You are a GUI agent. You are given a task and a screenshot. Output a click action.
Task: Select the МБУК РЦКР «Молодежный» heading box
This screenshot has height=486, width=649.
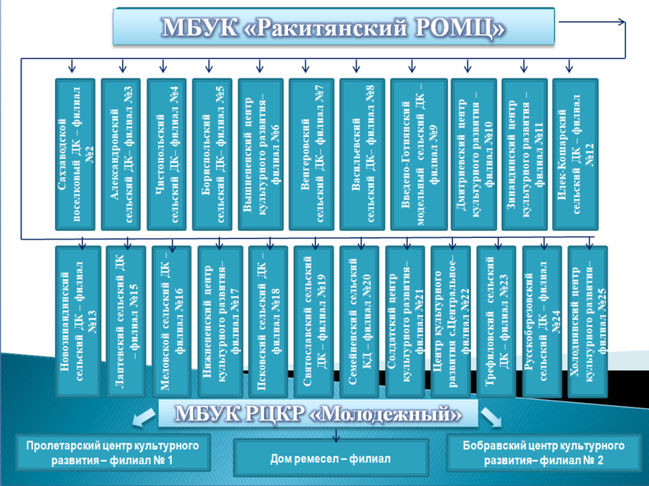click(318, 414)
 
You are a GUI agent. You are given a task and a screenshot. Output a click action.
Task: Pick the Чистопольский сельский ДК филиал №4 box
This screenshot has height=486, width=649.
click(166, 153)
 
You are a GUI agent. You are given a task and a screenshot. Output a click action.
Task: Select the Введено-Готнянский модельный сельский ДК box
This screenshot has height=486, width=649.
click(418, 153)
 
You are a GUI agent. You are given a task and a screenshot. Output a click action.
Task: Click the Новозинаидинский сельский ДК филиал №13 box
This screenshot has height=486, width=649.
click(78, 320)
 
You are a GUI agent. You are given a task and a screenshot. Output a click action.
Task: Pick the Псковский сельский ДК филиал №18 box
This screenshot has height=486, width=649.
click(266, 320)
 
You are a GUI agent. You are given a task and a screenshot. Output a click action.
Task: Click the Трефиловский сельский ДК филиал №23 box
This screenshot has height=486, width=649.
click(497, 320)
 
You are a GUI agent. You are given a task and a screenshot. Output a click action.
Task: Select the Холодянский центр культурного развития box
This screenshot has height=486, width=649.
click(589, 320)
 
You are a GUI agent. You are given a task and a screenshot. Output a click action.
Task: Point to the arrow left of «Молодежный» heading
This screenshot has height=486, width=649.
click(142, 417)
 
